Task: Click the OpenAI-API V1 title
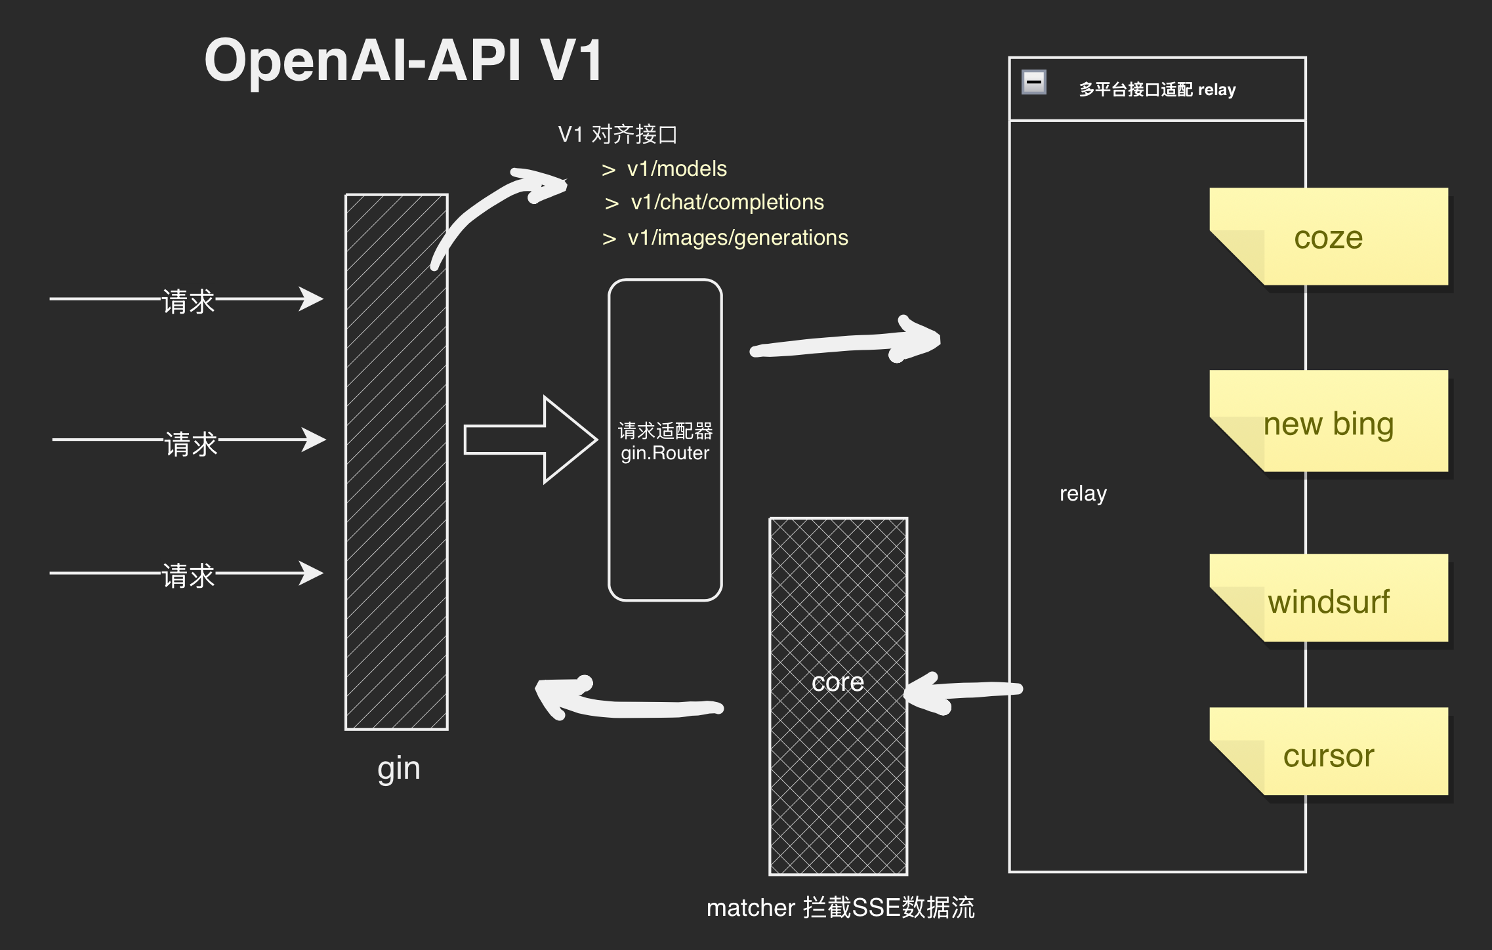tap(403, 60)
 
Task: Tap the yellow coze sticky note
tap(1328, 237)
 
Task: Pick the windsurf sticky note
tap(1328, 601)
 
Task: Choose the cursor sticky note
tap(1328, 756)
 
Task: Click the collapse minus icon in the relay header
tap(1034, 83)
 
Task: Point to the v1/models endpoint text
tap(676, 169)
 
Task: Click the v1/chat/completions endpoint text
tap(727, 203)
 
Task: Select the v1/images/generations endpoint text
tap(737, 237)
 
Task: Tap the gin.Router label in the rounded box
tap(665, 453)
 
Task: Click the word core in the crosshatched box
tap(837, 682)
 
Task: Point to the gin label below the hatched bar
tap(398, 768)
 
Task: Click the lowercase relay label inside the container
tap(1083, 493)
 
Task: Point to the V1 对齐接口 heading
tap(617, 134)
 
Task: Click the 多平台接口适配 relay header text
tap(1157, 90)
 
